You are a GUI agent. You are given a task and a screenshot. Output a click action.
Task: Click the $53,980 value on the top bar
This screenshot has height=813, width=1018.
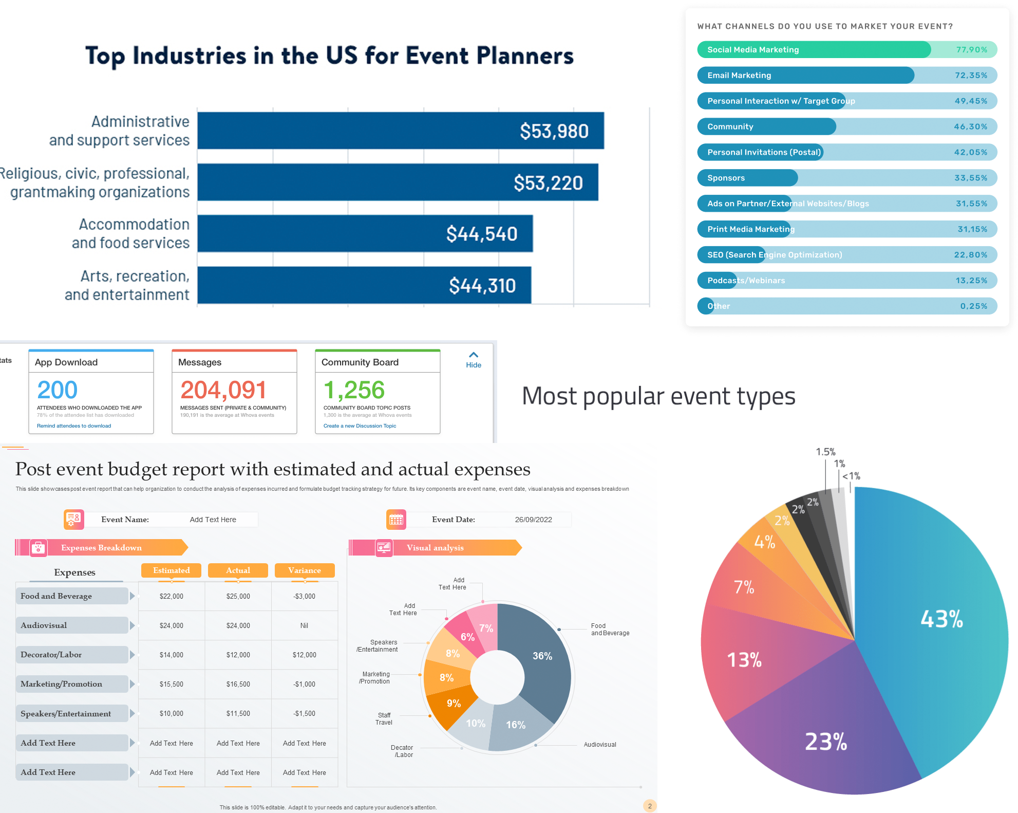tap(554, 131)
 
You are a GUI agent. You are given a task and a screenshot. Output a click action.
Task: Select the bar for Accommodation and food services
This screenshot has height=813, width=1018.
tap(365, 234)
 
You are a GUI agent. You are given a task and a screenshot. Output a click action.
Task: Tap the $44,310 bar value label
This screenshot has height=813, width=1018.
tap(482, 286)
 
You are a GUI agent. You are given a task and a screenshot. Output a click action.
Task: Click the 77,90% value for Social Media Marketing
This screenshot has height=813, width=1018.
tap(971, 50)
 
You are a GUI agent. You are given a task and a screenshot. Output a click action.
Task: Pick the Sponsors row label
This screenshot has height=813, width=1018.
tap(726, 178)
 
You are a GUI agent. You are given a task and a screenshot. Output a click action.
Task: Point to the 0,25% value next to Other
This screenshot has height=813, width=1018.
tap(973, 306)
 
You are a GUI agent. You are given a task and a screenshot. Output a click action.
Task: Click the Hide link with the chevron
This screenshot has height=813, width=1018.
tap(474, 360)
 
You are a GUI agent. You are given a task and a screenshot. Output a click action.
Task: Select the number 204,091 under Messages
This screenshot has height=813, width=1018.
tap(223, 390)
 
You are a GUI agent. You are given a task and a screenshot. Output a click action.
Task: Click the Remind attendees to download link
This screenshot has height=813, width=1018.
tap(74, 426)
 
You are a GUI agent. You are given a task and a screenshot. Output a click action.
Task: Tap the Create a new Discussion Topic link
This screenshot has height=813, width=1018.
tap(360, 426)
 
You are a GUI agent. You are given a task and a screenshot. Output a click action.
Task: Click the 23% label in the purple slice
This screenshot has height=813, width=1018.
tap(825, 742)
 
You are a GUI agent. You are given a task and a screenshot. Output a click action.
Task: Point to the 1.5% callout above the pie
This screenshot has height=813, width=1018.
tap(825, 452)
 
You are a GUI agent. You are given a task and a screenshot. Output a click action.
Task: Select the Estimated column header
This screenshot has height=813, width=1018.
tap(171, 570)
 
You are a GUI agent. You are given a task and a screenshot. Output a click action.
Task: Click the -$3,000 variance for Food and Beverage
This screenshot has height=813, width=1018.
tap(305, 597)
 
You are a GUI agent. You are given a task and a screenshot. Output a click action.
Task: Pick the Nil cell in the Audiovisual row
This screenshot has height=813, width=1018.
tap(305, 626)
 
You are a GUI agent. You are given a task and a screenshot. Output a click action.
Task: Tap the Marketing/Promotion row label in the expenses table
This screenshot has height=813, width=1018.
tap(62, 684)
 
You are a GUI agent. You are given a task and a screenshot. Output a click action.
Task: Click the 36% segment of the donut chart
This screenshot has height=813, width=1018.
tap(542, 656)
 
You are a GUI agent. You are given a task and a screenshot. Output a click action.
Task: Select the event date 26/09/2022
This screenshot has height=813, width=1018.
tap(533, 520)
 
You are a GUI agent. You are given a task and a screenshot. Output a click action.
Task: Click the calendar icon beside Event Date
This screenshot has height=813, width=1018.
tap(396, 520)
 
